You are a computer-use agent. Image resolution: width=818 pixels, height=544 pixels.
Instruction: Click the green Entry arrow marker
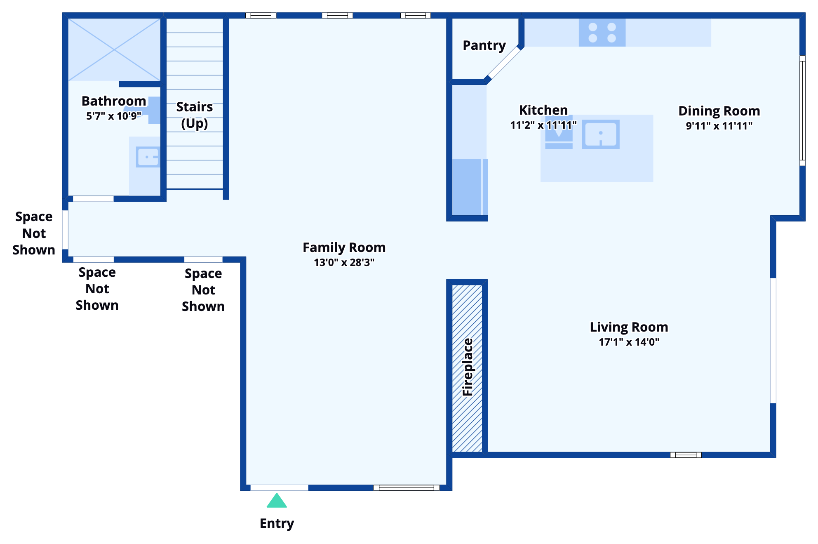pos(277,501)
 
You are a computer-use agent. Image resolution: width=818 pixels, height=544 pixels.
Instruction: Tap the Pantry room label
pos(484,45)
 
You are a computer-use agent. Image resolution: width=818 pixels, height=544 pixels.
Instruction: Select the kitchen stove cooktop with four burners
pos(602,33)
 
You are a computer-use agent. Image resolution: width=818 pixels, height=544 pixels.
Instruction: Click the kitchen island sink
pos(601,134)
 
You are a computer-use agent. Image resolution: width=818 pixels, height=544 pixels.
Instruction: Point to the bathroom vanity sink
pos(148,157)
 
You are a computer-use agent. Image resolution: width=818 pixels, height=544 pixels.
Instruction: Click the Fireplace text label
pos(468,367)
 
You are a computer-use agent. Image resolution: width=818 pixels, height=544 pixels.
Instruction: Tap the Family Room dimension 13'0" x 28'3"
pos(344,262)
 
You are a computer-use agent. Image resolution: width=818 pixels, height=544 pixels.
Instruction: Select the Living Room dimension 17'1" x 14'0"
pos(629,342)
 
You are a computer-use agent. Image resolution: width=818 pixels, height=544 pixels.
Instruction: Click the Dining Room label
pos(719,111)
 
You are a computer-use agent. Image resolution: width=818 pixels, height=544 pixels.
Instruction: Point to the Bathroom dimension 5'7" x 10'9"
pos(113,116)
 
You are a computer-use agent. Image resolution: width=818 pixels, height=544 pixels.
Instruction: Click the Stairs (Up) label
pos(194,115)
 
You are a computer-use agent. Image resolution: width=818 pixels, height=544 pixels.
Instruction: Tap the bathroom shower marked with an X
pos(114,50)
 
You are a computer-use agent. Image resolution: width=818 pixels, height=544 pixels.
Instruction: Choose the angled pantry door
pos(504,63)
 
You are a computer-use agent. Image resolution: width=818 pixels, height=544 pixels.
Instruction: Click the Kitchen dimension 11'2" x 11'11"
pos(543,125)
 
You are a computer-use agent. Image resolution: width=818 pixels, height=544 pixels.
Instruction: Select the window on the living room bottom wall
pos(686,455)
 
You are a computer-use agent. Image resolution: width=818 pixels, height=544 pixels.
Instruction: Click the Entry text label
pos(277,523)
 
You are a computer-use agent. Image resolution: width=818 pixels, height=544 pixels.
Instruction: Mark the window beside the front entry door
pos(406,487)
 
